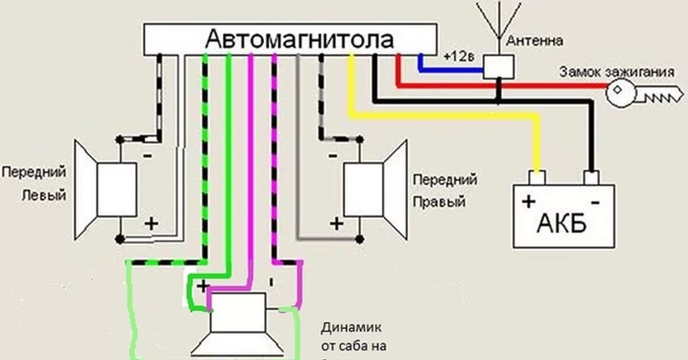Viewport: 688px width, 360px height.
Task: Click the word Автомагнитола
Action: (x=299, y=40)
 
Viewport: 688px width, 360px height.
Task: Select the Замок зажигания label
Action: (x=616, y=72)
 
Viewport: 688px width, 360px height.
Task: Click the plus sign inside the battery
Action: (x=528, y=202)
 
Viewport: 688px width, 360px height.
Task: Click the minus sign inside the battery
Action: (x=595, y=202)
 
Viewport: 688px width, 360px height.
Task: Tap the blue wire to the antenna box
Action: (x=453, y=71)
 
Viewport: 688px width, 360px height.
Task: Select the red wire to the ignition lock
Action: (x=505, y=86)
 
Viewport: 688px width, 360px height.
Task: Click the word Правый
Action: (x=439, y=202)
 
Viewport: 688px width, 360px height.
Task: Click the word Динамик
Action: (x=351, y=327)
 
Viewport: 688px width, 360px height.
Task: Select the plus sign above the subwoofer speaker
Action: (x=202, y=285)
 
